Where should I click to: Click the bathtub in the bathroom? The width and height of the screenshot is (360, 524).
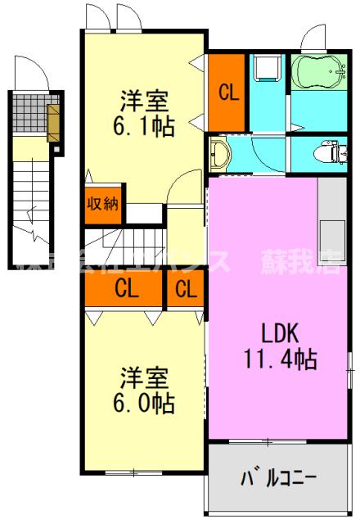[x=321, y=75]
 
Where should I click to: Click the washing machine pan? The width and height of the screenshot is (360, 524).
[x=268, y=70]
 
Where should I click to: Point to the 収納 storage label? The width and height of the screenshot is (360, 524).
[x=103, y=203]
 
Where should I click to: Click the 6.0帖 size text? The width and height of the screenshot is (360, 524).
[x=144, y=403]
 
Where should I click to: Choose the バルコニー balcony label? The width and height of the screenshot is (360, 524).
[x=279, y=477]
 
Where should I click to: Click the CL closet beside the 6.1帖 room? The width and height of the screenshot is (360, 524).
[x=227, y=92]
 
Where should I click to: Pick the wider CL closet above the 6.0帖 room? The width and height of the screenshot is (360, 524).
[x=125, y=288]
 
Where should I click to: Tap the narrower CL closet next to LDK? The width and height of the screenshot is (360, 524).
[x=186, y=288]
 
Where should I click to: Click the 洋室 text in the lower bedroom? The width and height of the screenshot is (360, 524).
[x=144, y=378]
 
